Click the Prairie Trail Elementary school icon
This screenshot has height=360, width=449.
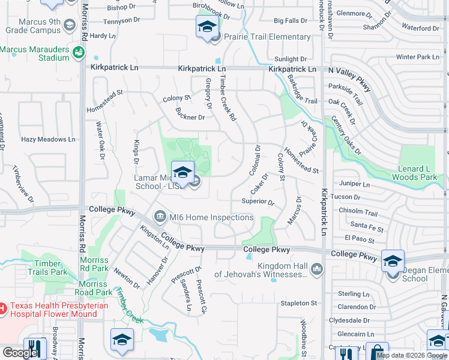pyautogui.click(x=207, y=28)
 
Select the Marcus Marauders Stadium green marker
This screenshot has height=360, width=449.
pyautogui.click(x=78, y=53)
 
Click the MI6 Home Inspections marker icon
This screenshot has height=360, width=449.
pyautogui.click(x=160, y=215)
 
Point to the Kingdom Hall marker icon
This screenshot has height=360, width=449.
pyautogui.click(x=318, y=270)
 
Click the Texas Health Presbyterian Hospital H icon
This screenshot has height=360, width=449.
pyautogui.click(x=2, y=308)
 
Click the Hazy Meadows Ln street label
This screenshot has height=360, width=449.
pyautogui.click(x=49, y=139)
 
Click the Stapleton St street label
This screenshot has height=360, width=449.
pyautogui.click(x=298, y=304)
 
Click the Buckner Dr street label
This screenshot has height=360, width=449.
pyautogui.click(x=191, y=117)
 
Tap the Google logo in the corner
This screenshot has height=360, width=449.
pyautogui.click(x=20, y=353)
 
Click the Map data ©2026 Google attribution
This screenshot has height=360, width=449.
pyautogui.click(x=412, y=355)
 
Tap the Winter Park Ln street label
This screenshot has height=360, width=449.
pyautogui.click(x=418, y=57)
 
